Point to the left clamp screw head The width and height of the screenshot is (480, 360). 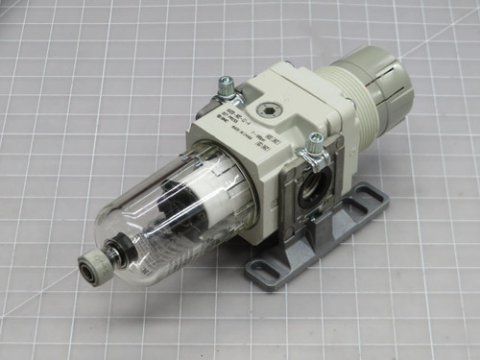228,86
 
